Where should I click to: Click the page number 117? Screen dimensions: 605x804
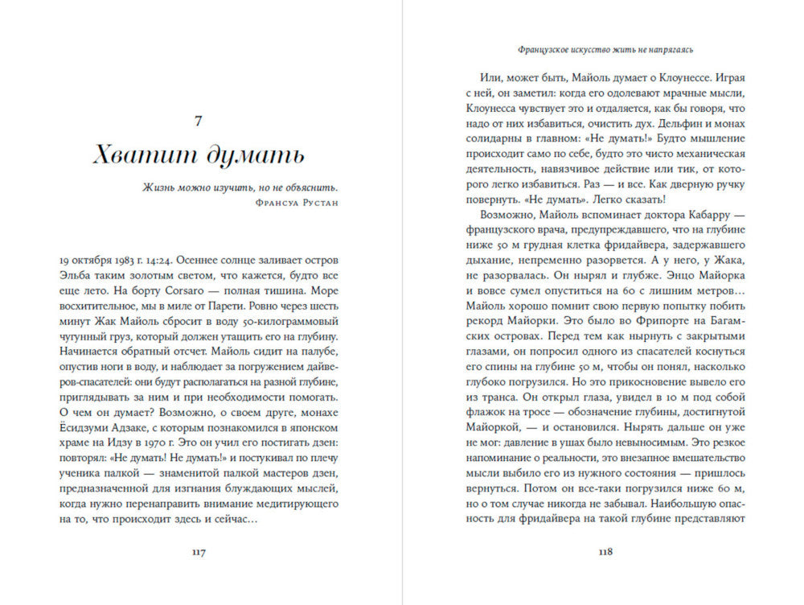[x=199, y=552]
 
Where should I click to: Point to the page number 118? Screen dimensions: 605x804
[x=605, y=552]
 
